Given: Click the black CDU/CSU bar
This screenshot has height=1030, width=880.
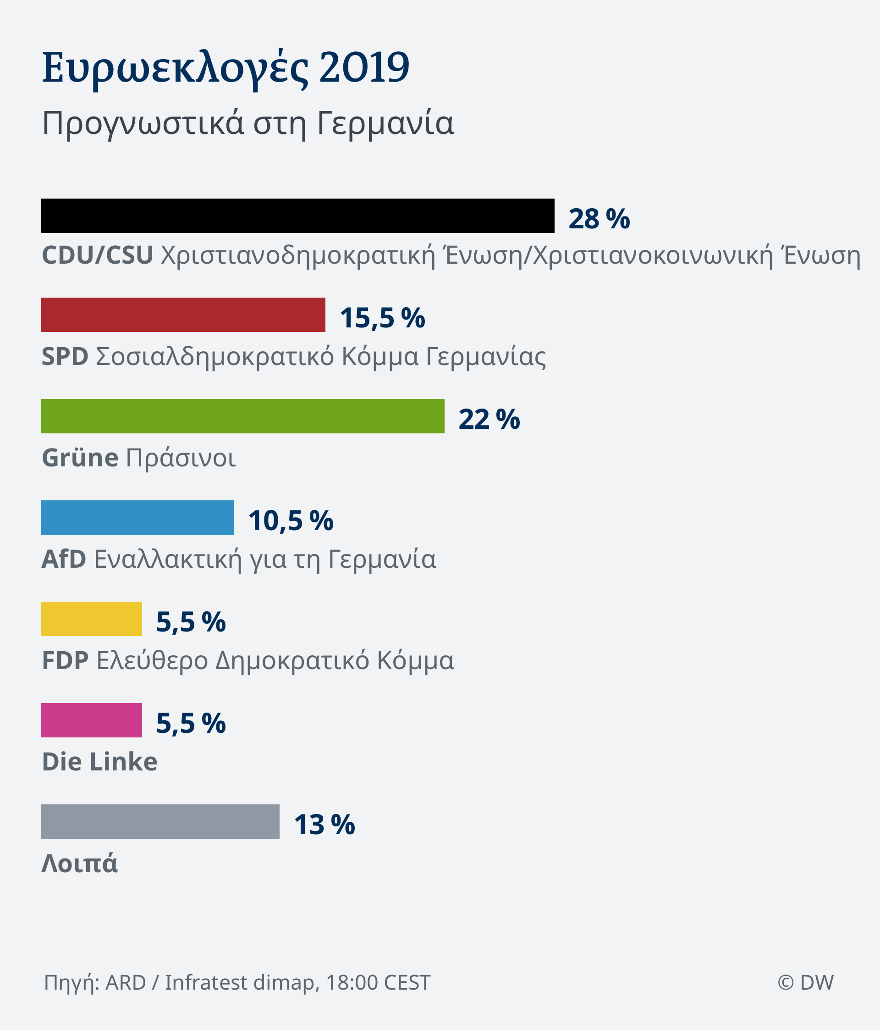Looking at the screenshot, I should coord(297,216).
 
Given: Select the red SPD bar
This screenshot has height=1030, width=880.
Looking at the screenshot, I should coord(183,315).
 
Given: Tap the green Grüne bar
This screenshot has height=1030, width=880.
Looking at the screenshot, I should coord(242,416).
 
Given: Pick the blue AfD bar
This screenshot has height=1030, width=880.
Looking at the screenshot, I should coord(137,517).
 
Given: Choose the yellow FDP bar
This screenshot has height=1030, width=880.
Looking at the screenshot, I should coord(91,619).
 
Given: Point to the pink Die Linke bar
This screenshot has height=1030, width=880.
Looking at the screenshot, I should coord(91,720).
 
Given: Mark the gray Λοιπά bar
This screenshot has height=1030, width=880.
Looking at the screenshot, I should coord(160,822).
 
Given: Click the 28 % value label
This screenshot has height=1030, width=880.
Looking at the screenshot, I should coord(599,219).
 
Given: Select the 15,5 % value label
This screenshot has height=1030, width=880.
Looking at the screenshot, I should coord(382,318).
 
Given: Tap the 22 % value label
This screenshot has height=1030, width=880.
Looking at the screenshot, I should coord(489,419).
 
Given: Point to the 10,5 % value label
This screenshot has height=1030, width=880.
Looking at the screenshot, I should coord(291,521).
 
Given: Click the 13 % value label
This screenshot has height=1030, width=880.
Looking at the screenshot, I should coord(324,825).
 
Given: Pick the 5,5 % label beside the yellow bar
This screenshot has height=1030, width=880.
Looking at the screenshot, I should coord(191,622).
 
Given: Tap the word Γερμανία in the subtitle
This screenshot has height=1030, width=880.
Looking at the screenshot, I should coord(385,123).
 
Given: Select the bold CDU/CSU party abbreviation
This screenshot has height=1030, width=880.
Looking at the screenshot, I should coord(97,255).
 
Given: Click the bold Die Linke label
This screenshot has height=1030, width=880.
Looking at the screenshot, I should coord(99,762).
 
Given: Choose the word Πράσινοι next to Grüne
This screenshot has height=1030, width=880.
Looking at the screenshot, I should coord(181,458).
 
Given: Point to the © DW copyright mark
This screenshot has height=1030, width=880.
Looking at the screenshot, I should coord(805,982).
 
